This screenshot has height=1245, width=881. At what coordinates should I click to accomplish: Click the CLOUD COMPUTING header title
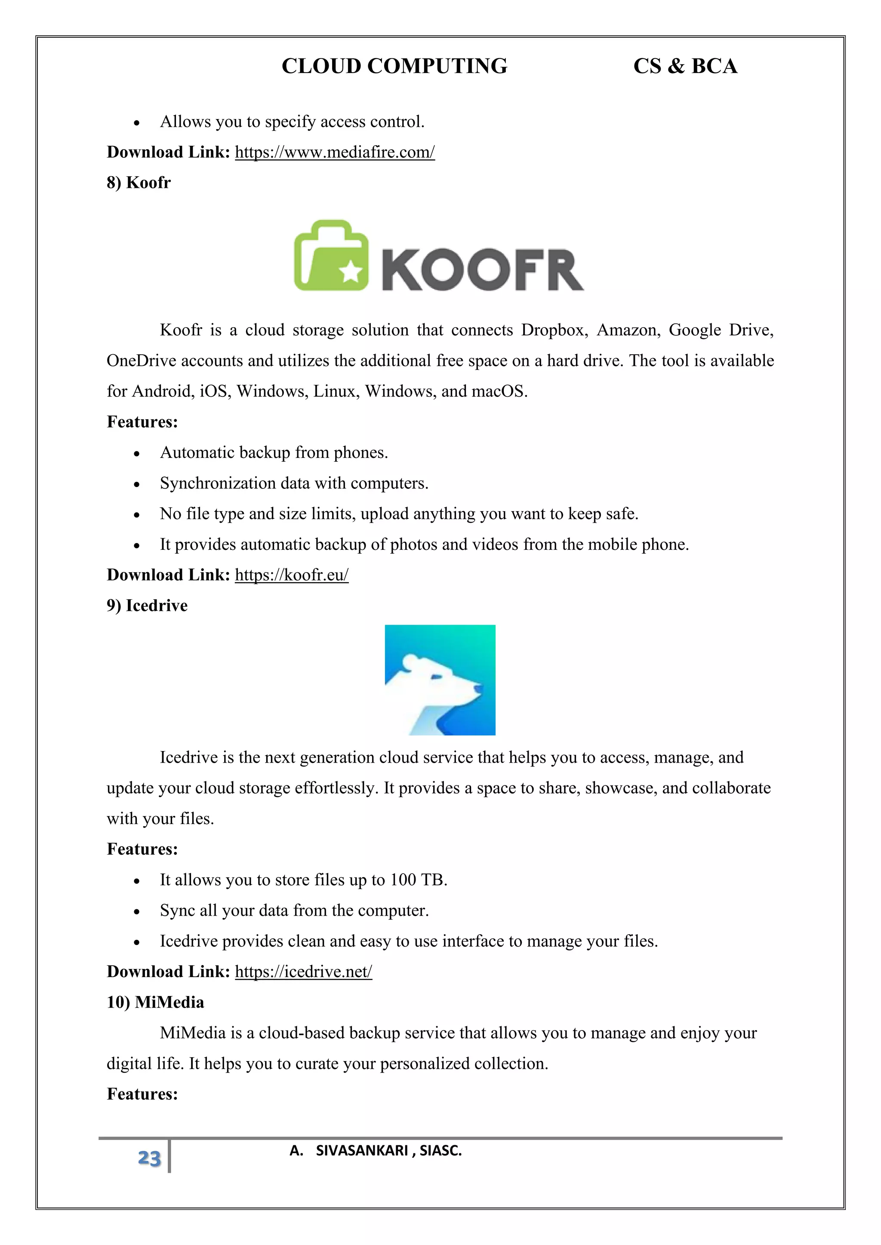[394, 66]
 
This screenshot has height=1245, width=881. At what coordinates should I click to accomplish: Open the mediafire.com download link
[335, 152]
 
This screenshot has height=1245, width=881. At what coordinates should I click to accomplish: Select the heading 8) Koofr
[139, 183]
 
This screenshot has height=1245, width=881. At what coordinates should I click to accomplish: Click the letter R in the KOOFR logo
[564, 270]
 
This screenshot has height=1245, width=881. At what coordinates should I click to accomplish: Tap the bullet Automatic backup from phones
[274, 453]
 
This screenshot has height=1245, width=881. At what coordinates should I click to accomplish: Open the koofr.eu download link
[291, 575]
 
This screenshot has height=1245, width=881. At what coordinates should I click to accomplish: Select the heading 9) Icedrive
[147, 606]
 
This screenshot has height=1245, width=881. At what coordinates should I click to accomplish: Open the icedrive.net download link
[303, 972]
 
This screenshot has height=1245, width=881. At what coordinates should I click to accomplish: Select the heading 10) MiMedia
[155, 1002]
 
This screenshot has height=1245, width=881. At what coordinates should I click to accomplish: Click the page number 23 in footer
[149, 1158]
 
